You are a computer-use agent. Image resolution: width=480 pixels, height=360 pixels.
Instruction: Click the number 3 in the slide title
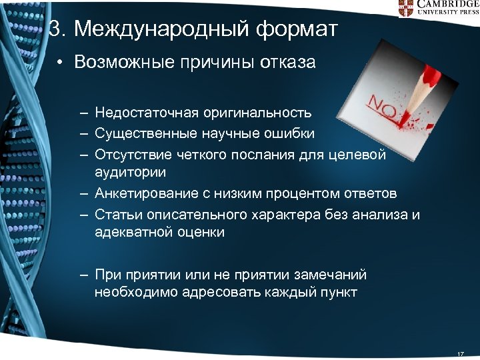pos(57,29)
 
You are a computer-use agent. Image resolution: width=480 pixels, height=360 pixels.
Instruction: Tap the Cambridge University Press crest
pos(405,8)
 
